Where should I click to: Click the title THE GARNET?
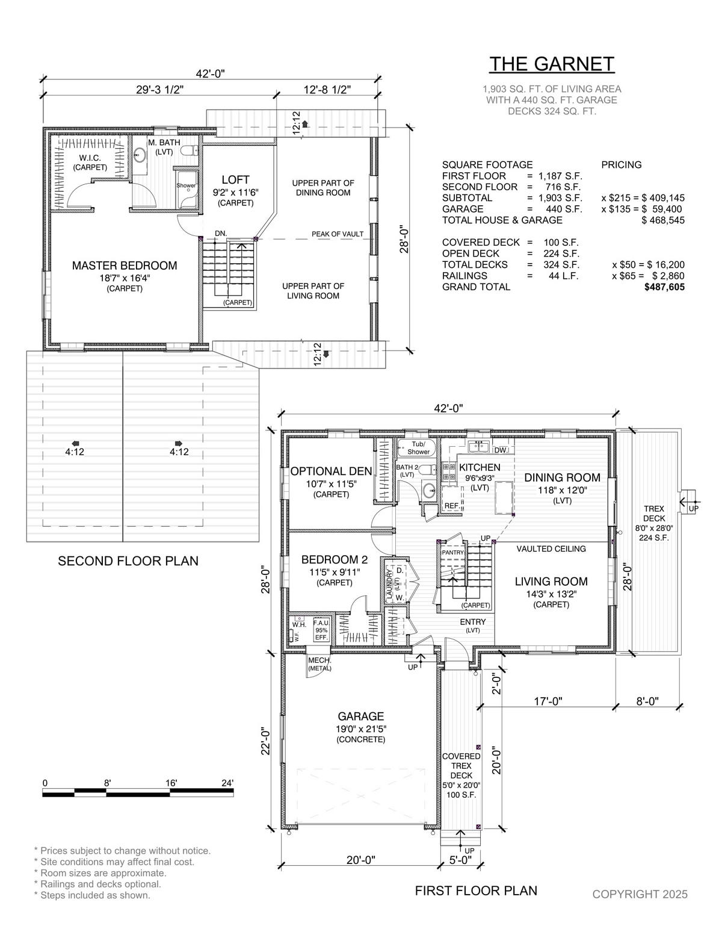552,64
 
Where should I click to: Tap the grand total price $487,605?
664,287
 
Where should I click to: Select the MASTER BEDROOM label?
125,266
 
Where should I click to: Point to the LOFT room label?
236,179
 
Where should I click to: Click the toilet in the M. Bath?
189,151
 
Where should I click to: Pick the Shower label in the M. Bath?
186,185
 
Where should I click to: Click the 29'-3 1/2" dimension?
160,90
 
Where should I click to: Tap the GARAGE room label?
360,716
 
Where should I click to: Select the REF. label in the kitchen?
451,506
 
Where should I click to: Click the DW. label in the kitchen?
501,450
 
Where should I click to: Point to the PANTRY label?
453,552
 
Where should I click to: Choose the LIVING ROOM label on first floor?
551,582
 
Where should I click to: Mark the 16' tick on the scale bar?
171,783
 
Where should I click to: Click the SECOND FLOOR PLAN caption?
128,561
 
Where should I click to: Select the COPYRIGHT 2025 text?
640,894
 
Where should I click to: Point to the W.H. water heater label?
299,624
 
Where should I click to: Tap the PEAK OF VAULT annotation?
338,234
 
